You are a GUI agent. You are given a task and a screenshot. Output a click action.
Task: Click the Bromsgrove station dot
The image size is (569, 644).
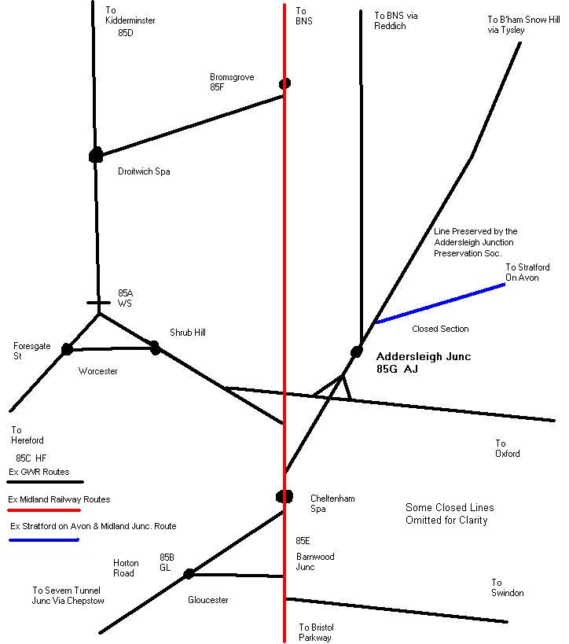[284, 83]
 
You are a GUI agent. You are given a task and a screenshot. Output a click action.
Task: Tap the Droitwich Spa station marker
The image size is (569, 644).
[96, 156]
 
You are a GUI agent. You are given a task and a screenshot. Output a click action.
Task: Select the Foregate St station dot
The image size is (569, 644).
[67, 349]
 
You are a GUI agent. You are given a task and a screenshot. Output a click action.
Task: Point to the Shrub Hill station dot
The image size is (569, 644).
[155, 347]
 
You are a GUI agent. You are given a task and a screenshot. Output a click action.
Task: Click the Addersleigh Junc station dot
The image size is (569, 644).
[357, 351]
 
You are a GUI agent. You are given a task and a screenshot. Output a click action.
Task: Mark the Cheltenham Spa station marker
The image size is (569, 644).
[284, 496]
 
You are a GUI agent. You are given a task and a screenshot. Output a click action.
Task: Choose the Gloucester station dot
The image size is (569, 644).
[189, 574]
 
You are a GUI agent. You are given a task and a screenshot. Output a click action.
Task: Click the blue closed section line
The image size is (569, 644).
[440, 304]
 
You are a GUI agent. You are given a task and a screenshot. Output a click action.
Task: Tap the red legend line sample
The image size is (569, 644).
[45, 510]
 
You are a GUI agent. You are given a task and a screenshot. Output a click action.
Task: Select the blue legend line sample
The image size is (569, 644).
[45, 540]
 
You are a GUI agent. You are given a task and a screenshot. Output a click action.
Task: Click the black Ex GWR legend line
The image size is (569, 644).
[45, 481]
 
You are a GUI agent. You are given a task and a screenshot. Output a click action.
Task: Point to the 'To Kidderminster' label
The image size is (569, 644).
[130, 16]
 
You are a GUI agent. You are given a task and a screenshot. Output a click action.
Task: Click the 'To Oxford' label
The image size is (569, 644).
[507, 449]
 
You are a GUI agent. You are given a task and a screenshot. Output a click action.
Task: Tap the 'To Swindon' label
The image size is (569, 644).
[507, 588]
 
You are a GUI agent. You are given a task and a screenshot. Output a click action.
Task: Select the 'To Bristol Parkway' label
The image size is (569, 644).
[316, 632]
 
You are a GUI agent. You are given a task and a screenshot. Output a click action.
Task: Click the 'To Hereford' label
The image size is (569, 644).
[28, 435]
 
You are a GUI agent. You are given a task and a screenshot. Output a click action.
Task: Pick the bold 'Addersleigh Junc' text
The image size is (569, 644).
[424, 356]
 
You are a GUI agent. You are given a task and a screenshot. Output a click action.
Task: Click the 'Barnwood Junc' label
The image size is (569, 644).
[314, 561]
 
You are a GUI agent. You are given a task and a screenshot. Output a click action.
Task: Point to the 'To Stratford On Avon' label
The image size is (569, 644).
[527, 272]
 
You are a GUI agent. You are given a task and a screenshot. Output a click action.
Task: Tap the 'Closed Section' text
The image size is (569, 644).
[440, 329]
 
